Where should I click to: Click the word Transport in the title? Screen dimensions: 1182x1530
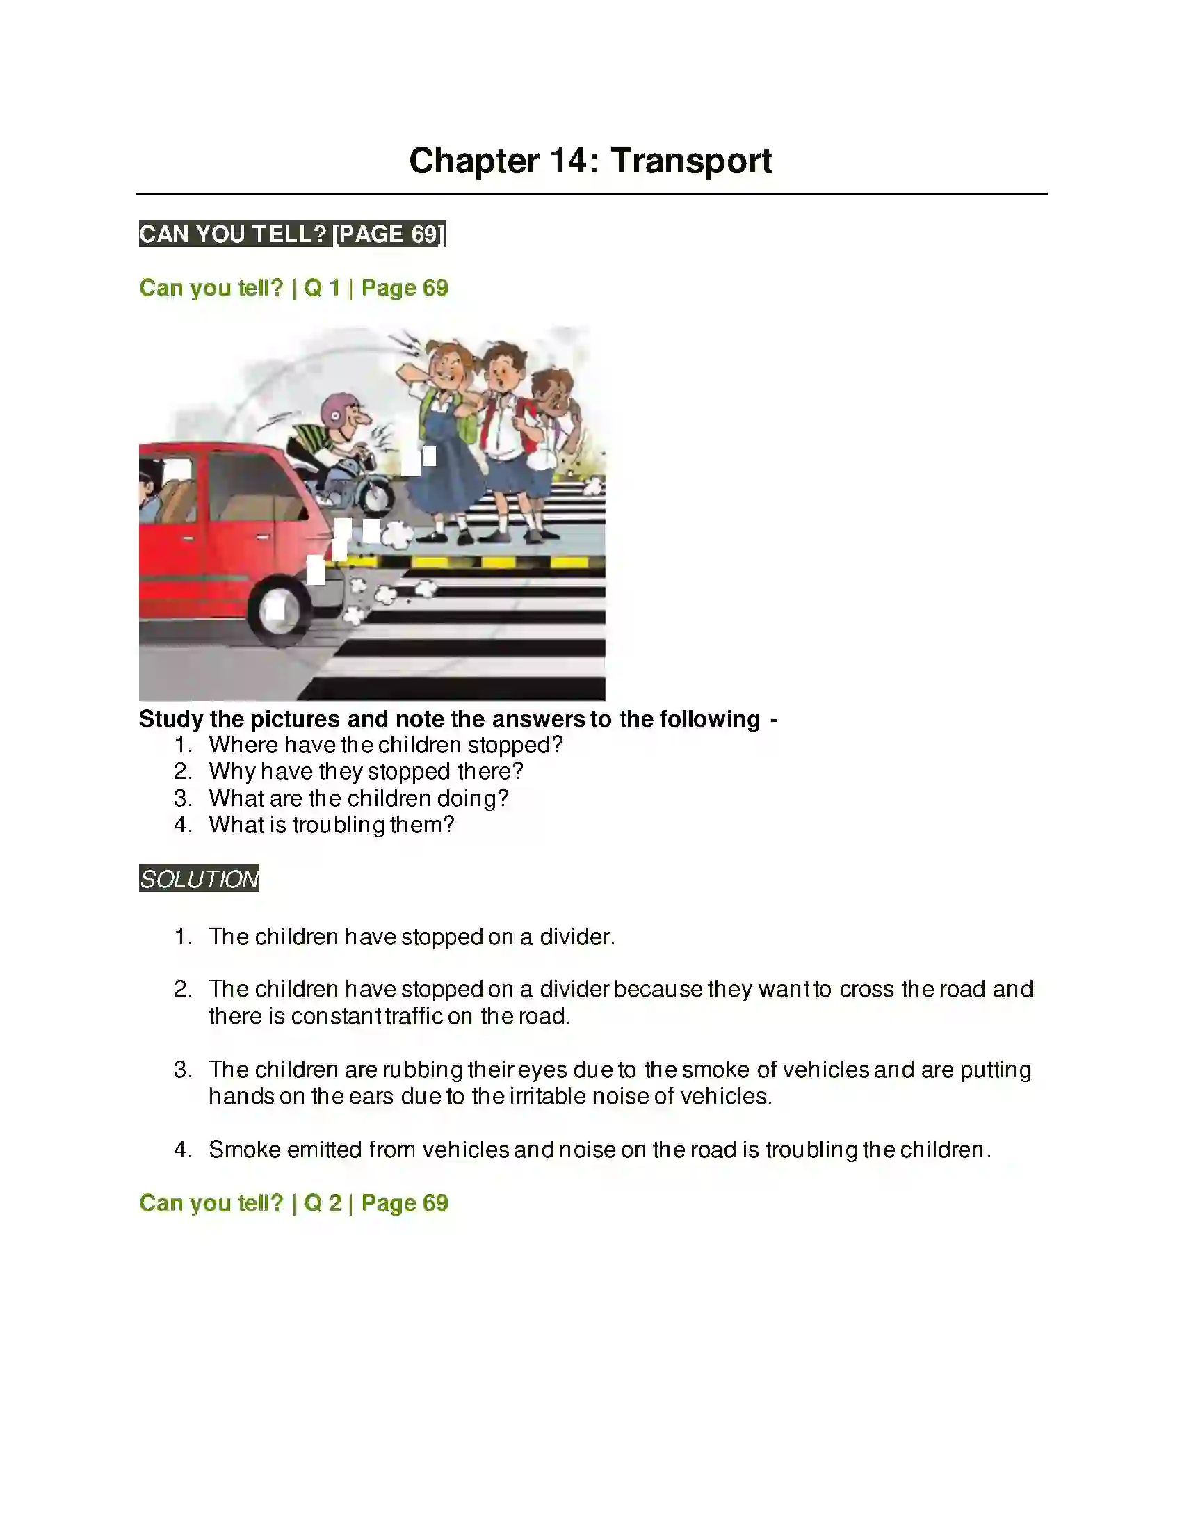pyautogui.click(x=691, y=161)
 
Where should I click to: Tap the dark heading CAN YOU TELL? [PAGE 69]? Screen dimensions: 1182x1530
pyautogui.click(x=292, y=233)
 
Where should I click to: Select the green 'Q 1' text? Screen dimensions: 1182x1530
pyautogui.click(x=322, y=288)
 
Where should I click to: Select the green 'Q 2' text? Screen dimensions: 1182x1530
pyautogui.click(x=322, y=1203)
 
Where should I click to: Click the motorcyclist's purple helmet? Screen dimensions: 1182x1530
pyautogui.click(x=337, y=410)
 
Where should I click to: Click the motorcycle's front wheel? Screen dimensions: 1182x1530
pyautogui.click(x=375, y=494)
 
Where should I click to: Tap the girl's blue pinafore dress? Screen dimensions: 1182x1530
pyautogui.click(x=442, y=469)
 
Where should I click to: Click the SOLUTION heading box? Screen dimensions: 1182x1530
pyautogui.click(x=199, y=878)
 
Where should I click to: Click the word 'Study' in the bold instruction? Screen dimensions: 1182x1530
pyautogui.click(x=171, y=719)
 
